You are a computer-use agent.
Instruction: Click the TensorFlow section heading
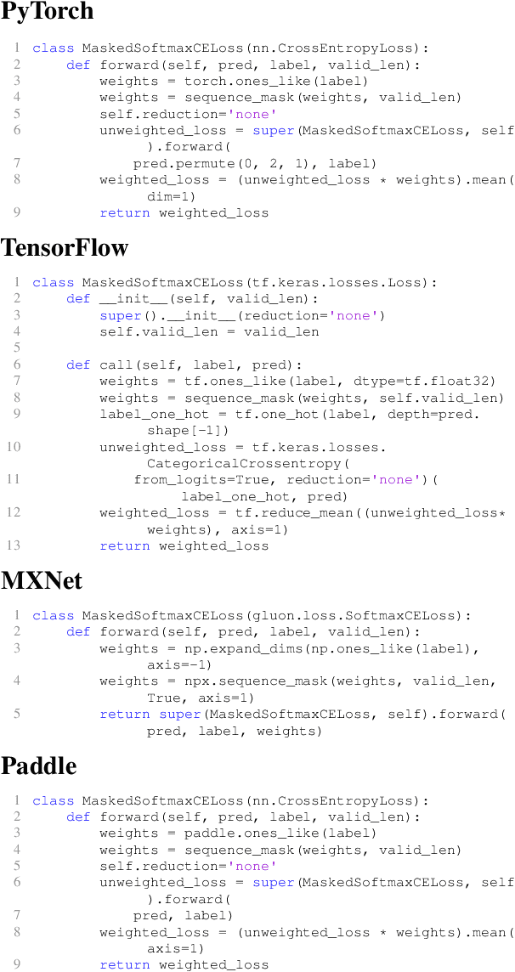pos(65,247)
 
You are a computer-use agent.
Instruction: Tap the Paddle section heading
pos(39,766)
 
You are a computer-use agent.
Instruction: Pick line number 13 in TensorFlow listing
pos(15,545)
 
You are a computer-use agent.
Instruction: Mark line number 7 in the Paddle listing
pos(17,916)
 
